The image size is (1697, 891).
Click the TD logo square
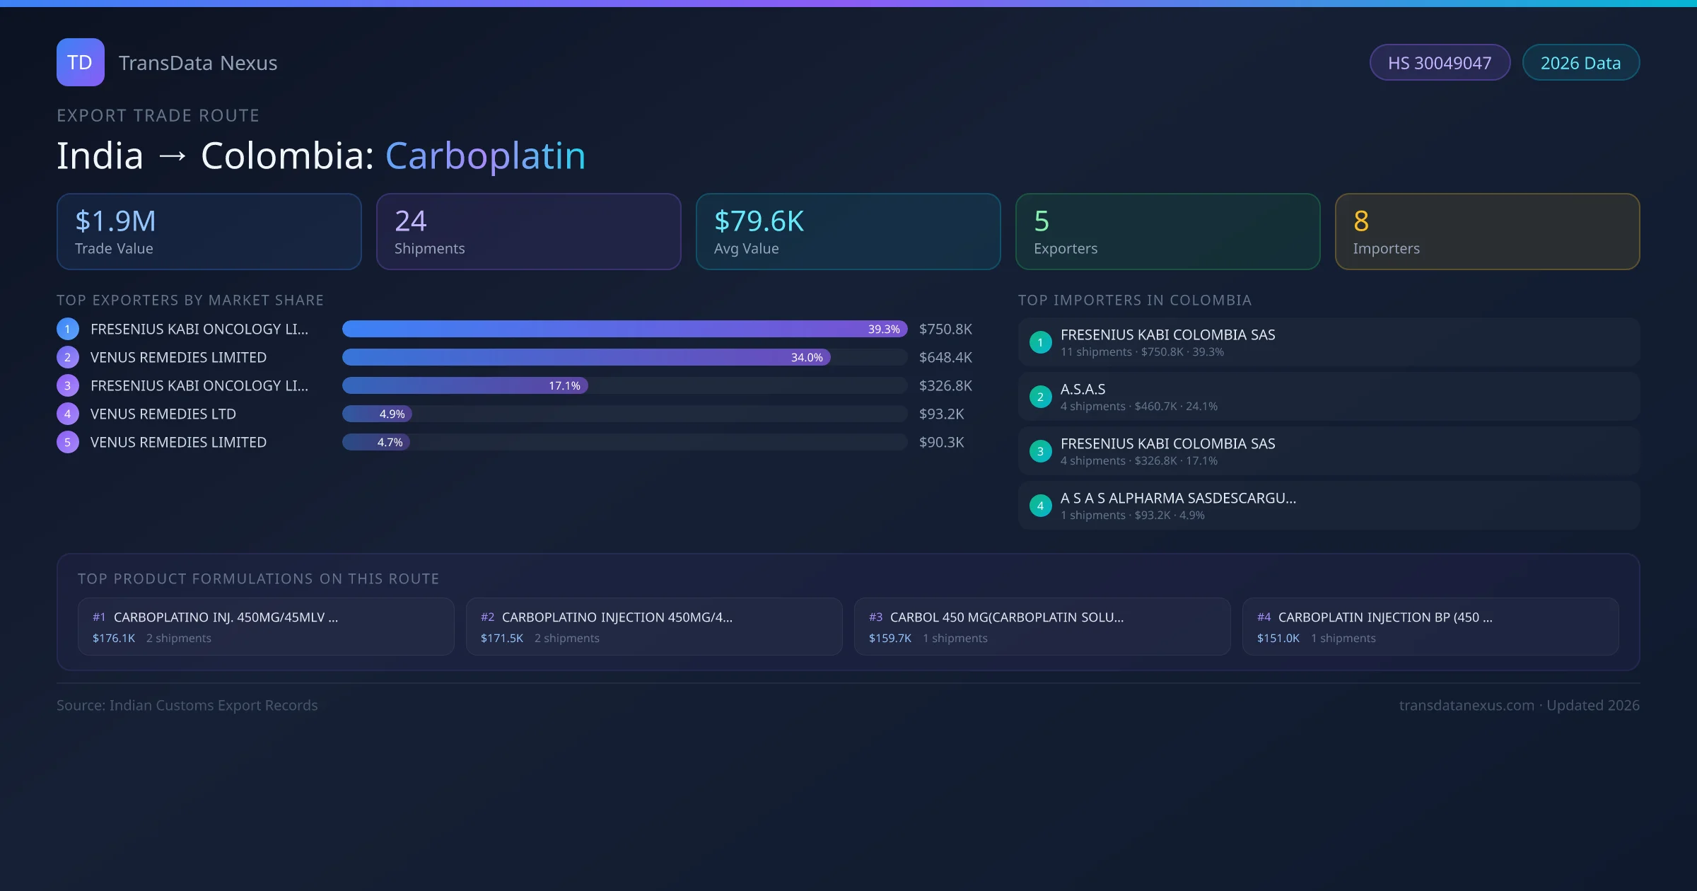coord(80,62)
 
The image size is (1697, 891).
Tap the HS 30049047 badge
coord(1439,63)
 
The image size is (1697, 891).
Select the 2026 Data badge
coord(1580,63)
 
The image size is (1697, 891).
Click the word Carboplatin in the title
coord(485,156)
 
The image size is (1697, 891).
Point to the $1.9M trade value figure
coord(115,221)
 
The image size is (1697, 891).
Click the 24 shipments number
coord(410,221)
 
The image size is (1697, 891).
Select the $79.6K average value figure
coord(759,221)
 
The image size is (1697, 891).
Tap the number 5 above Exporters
coord(1042,221)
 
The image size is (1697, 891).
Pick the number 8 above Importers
coord(1361,221)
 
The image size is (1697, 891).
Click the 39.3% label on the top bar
coord(884,330)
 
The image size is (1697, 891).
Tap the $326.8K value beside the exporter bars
coord(945,386)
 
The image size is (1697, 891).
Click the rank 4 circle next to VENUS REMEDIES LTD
coord(68,414)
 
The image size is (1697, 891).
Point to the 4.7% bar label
coord(390,443)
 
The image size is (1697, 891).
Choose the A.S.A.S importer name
coord(1083,390)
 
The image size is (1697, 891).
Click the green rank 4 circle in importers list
coord(1040,506)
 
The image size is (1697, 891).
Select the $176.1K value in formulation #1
coord(113,639)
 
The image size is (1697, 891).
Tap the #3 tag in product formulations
coord(875,617)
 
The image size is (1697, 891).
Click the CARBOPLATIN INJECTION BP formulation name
coord(1384,617)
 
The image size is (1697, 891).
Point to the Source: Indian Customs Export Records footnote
coord(187,706)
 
